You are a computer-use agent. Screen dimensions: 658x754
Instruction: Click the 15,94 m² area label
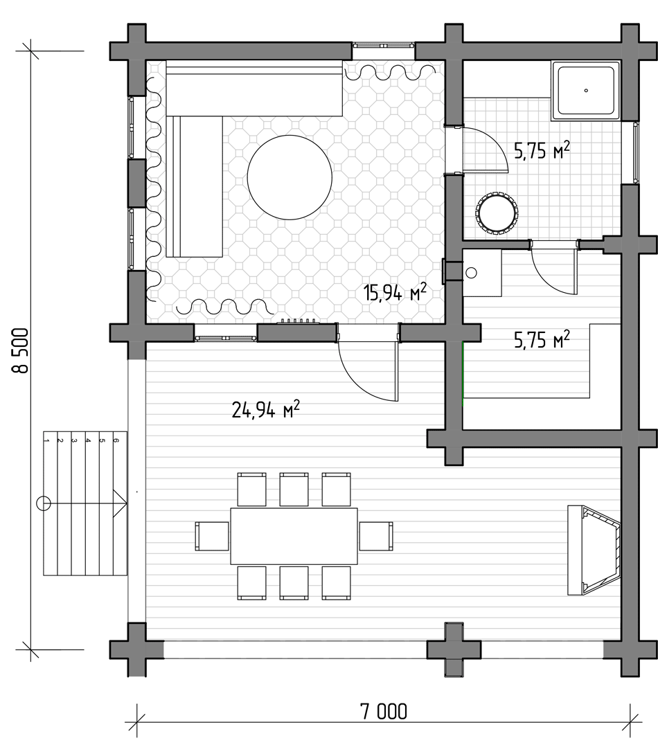coord(395,292)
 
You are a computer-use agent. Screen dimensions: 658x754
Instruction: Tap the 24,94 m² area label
coord(265,409)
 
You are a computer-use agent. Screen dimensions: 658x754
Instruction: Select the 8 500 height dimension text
coord(21,350)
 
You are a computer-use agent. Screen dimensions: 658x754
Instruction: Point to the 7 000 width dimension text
coord(383,711)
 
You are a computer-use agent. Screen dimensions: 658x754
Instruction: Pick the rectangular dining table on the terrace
coord(294,536)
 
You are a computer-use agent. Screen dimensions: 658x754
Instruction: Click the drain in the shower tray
coord(587,91)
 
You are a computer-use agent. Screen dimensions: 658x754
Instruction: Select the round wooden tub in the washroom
coord(497,214)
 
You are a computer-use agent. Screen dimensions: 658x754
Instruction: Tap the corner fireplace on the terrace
coord(594,550)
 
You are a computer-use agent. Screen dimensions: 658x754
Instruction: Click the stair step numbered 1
coord(50,503)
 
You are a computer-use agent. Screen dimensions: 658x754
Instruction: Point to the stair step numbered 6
coord(120,503)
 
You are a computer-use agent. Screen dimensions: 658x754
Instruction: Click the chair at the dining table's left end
coord(212,536)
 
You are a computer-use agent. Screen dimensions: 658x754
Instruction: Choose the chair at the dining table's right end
coord(376,536)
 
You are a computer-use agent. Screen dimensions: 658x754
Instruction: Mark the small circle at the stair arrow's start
coord(44,503)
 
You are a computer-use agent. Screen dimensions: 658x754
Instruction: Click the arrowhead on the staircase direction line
coord(120,503)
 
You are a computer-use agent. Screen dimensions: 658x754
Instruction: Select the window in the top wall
coord(383,46)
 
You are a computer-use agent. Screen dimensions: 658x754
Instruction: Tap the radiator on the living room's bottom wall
coord(299,321)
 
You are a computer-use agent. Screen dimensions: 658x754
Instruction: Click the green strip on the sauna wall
coord(463,374)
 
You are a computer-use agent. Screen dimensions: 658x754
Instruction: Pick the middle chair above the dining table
coord(294,489)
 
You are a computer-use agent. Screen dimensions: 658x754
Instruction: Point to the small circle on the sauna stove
coord(472,273)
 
